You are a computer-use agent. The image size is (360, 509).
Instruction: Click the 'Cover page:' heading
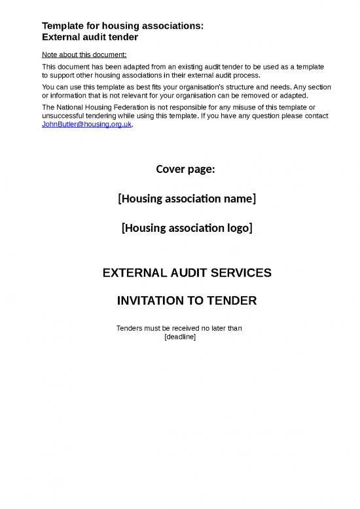[x=186, y=170]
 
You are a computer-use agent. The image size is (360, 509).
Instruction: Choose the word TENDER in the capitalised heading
[x=231, y=301]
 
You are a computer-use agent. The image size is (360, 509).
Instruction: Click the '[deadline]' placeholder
[x=180, y=337]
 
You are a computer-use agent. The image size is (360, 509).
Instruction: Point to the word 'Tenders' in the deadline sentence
[x=130, y=328]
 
